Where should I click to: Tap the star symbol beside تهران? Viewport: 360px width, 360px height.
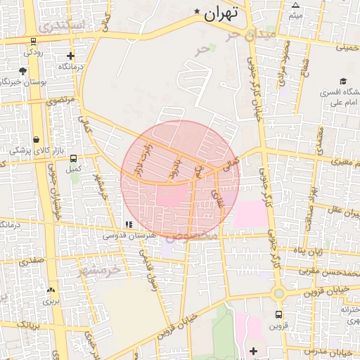tap(198, 12)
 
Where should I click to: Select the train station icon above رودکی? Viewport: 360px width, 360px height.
tap(34, 41)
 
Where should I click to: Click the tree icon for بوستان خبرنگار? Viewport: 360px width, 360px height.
tap(23, 71)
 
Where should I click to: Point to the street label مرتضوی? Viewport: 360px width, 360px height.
tap(61, 101)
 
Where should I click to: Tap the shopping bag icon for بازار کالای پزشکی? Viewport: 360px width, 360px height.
tap(36, 139)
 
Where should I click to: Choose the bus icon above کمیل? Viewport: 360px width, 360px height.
tap(73, 158)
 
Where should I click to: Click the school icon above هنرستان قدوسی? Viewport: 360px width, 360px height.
tap(128, 224)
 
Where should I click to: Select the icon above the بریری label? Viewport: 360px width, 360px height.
tap(51, 290)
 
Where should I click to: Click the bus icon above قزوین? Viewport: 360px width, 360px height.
tap(279, 314)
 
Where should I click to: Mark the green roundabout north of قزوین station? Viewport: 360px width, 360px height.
tap(279, 292)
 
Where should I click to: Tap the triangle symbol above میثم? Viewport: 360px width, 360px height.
tap(296, 5)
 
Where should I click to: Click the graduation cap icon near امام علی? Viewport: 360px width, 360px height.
tap(342, 82)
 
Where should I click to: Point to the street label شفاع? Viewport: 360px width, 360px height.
tap(304, 69)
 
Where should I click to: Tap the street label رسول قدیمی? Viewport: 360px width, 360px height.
tap(152, 271)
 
